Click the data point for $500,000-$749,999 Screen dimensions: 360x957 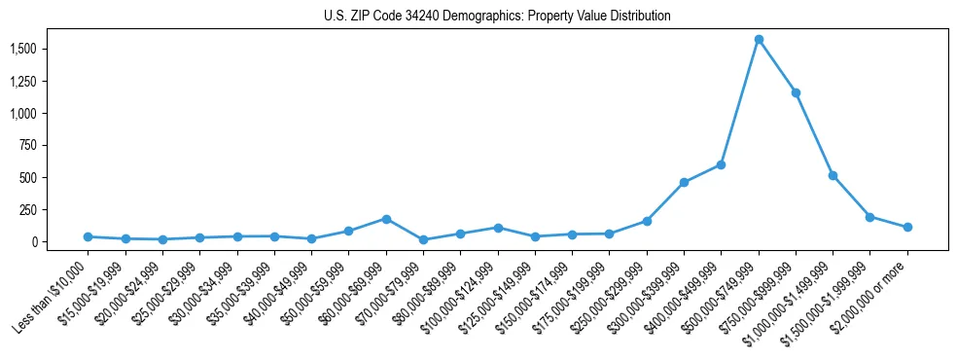pos(759,40)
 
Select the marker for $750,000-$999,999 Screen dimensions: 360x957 pos(796,93)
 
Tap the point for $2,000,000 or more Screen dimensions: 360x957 pos(907,227)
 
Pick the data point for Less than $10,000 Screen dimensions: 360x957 pos(88,236)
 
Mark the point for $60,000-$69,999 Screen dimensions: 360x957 pos(386,219)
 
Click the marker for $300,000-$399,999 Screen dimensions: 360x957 pos(684,182)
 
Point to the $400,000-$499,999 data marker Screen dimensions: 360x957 pos(721,164)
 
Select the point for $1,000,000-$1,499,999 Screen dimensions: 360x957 pos(833,175)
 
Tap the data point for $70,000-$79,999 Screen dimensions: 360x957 pos(423,239)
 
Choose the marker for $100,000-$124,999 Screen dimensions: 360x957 pos(498,228)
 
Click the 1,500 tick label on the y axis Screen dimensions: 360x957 pos(23,49)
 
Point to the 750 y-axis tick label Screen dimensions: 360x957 pos(28,145)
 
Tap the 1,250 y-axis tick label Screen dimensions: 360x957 pos(23,81)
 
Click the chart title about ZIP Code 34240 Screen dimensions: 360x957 pos(497,16)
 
